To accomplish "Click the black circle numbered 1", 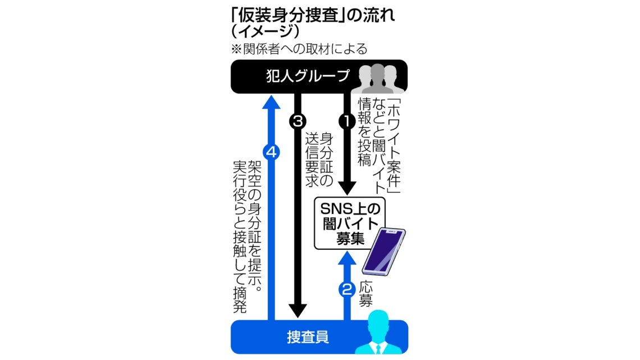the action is click(x=348, y=121).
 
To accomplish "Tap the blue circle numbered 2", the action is click(x=348, y=289).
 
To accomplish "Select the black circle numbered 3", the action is click(x=298, y=121).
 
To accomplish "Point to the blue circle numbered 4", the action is click(x=271, y=152).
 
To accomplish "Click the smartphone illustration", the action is click(x=383, y=252).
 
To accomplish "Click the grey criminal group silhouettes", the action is click(x=378, y=79).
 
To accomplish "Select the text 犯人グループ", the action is click(x=308, y=76).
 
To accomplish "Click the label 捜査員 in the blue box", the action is click(x=308, y=337).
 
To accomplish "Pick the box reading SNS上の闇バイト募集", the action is click(x=349, y=224).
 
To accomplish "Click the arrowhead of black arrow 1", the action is click(x=348, y=188).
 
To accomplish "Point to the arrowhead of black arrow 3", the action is click(x=298, y=311).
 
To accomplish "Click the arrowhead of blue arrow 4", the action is click(x=271, y=102).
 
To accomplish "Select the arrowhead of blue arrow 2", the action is click(x=348, y=258).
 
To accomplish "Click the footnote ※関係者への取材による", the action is click(x=299, y=49).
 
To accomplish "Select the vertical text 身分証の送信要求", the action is click(x=319, y=160).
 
